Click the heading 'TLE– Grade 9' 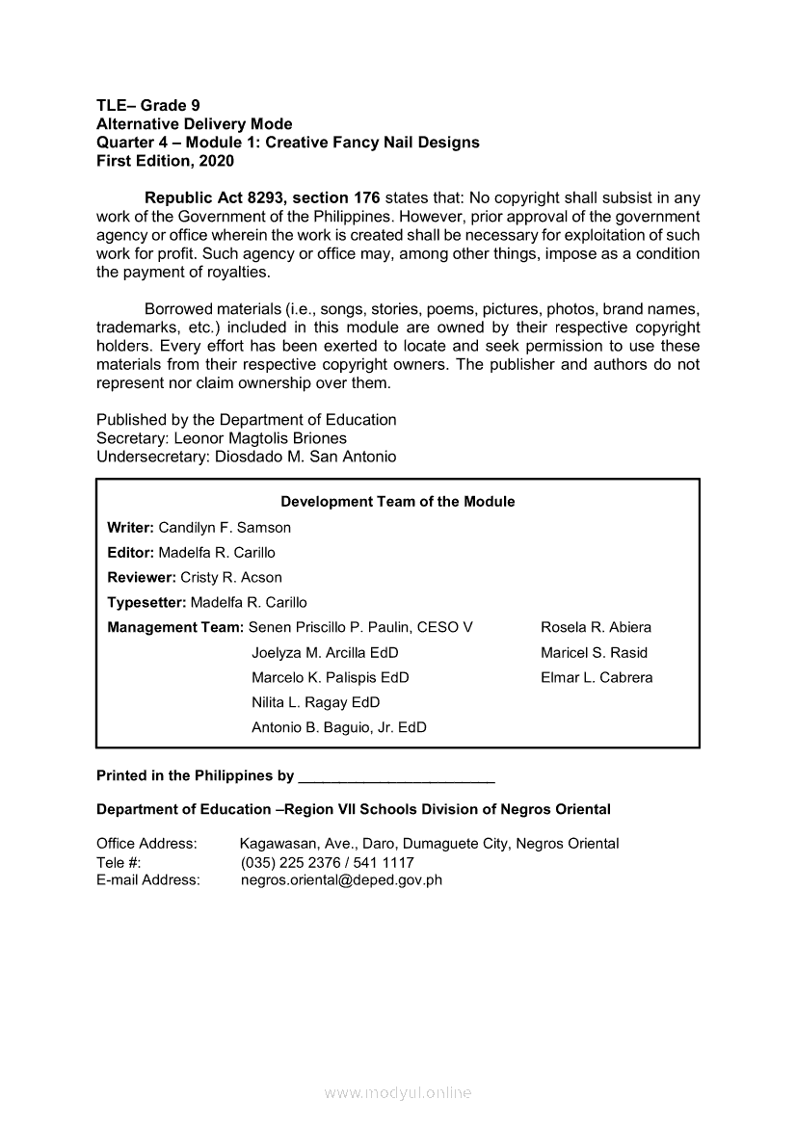[x=148, y=106]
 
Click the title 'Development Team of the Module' [x=397, y=502]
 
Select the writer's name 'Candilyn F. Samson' [x=225, y=528]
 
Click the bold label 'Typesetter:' [x=146, y=603]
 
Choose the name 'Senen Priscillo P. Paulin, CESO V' [x=360, y=628]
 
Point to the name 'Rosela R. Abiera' [x=596, y=628]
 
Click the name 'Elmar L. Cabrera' [x=597, y=678]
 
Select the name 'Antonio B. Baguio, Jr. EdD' [x=338, y=728]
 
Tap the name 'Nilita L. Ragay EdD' [x=315, y=703]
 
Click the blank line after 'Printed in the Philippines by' [x=397, y=777]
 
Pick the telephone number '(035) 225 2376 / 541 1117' [x=327, y=863]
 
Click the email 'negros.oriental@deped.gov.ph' [x=341, y=880]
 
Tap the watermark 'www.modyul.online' [x=398, y=1093]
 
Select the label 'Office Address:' [x=146, y=845]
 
